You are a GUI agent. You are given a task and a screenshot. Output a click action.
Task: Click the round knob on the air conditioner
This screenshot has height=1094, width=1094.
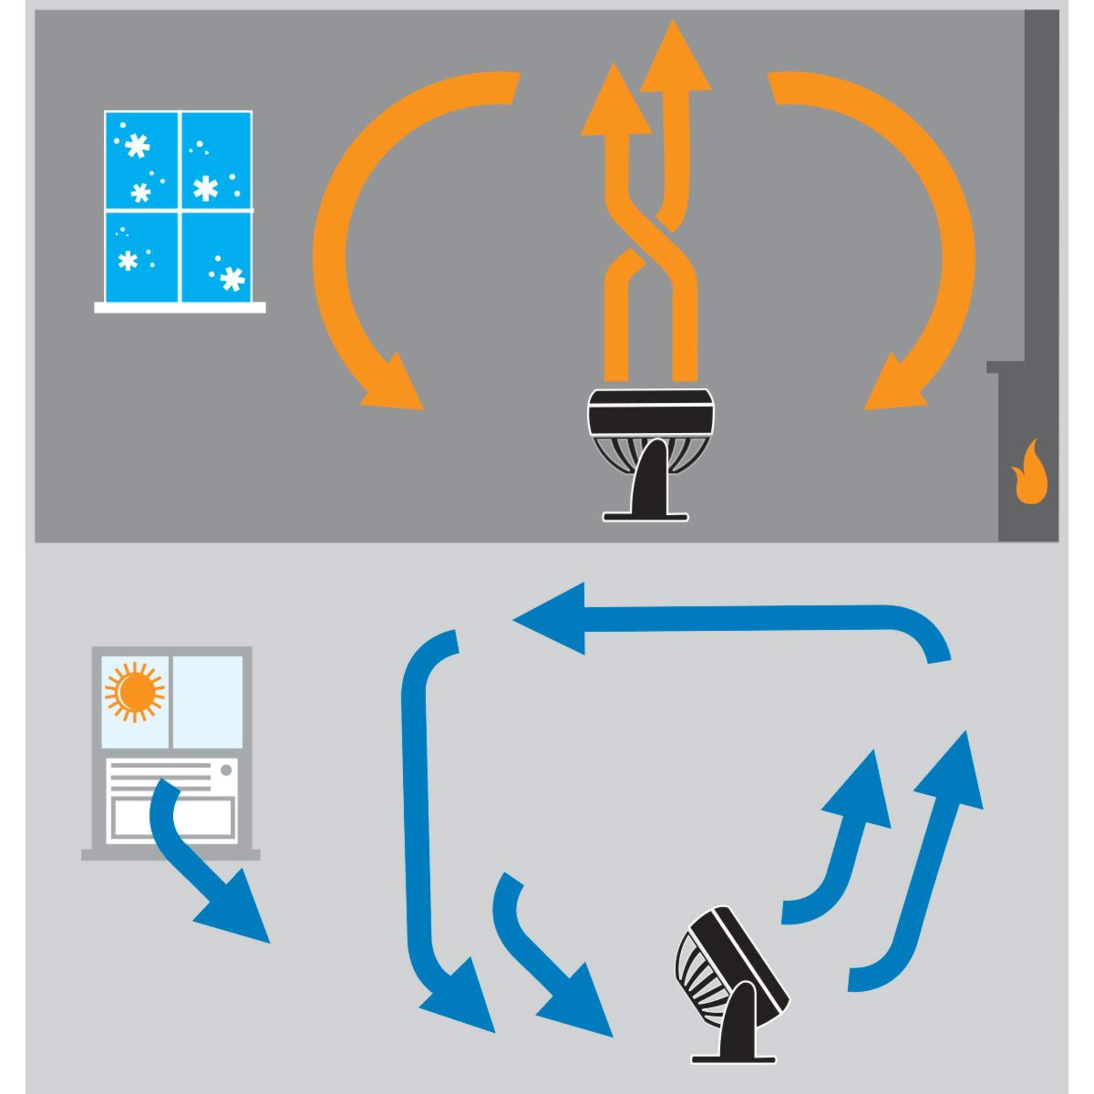pos(226,770)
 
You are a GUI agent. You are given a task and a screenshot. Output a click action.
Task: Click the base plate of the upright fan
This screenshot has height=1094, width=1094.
pos(645,516)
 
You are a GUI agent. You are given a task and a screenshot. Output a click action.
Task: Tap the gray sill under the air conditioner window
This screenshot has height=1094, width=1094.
pos(170,855)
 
